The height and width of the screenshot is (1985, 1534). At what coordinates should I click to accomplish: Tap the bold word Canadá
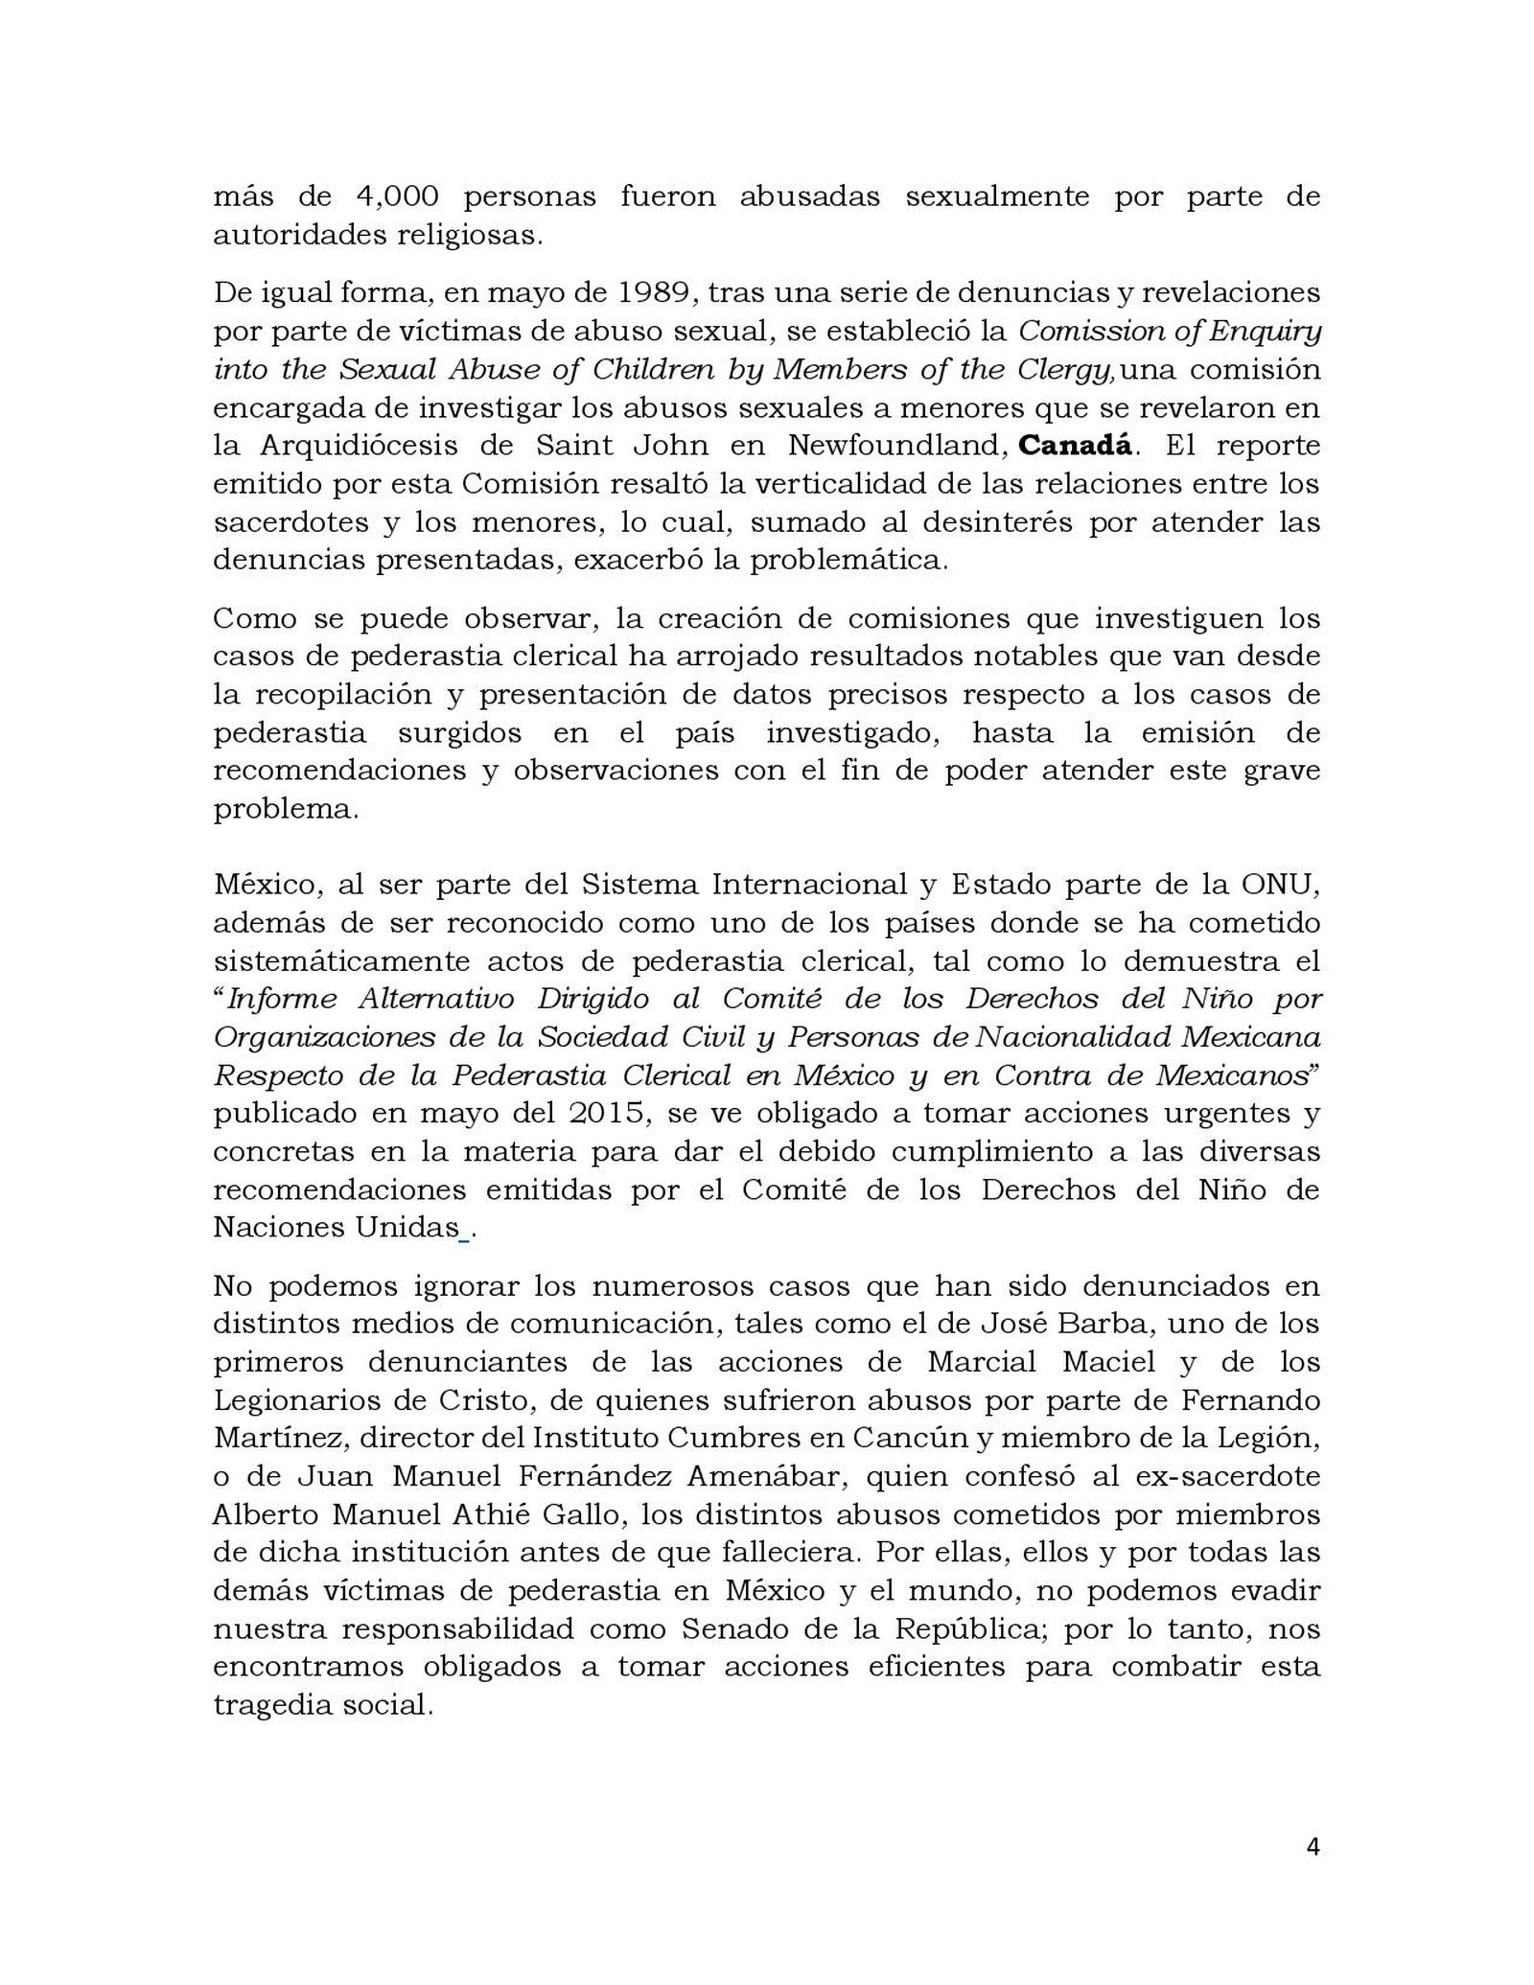[1075, 446]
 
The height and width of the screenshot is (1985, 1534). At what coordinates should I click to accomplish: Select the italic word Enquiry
[1269, 331]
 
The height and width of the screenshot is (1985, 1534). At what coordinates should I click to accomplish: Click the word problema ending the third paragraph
[282, 809]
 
